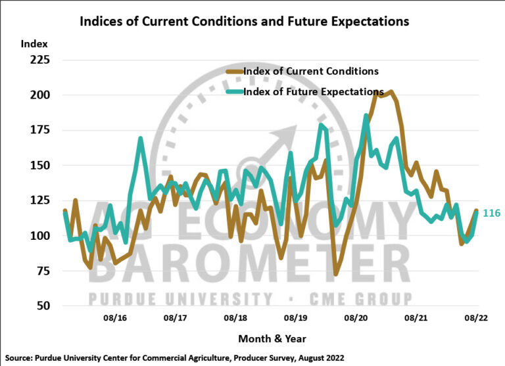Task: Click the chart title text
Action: click(244, 21)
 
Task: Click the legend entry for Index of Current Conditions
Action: click(310, 71)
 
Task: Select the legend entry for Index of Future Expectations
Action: click(313, 91)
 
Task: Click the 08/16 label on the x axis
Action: click(114, 318)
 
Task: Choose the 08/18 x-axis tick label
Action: click(235, 318)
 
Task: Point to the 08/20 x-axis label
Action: click(356, 318)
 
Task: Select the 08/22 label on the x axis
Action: click(475, 318)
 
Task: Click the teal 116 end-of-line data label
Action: click(491, 214)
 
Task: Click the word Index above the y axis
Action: click(30, 44)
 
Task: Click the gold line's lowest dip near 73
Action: click(335, 273)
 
